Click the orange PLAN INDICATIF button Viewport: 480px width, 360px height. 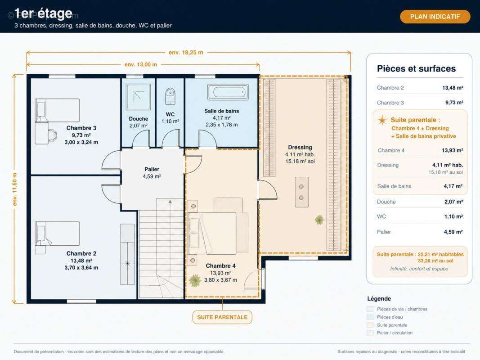(435, 17)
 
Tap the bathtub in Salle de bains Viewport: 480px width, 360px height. (228, 92)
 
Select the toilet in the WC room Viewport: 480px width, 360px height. (170, 96)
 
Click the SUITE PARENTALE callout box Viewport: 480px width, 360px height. (222, 317)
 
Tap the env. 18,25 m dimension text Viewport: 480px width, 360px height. (186, 52)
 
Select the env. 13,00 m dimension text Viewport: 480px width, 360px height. (141, 64)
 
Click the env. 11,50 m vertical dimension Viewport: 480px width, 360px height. (15, 189)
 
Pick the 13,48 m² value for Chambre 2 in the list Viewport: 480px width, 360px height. (453, 88)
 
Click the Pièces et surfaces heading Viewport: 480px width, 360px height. (416, 68)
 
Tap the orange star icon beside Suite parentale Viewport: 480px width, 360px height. (382, 120)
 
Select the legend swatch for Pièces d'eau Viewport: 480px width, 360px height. (370, 317)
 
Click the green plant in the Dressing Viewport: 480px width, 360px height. (319, 220)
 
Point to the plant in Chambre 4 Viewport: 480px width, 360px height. (195, 280)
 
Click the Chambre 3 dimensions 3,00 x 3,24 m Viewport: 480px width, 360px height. (81, 142)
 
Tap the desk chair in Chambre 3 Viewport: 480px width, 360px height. (52, 135)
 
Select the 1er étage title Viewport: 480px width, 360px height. (43, 13)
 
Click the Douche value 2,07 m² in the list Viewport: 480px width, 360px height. (453, 202)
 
